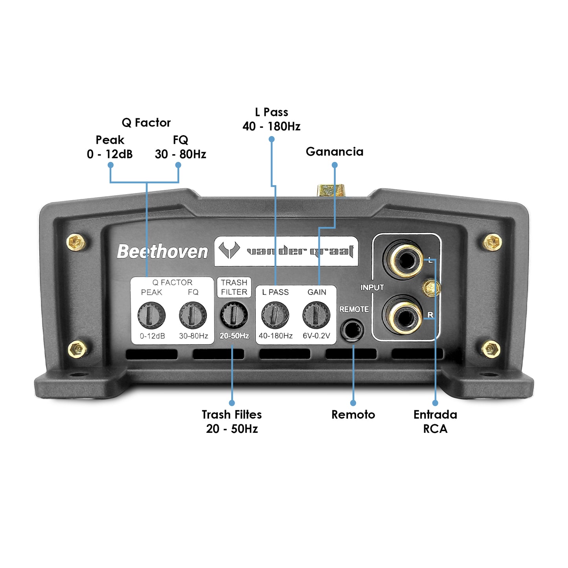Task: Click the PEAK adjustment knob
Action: coord(151,315)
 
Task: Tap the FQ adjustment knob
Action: coord(193,315)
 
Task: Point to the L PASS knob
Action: coord(275,315)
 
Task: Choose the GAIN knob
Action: coord(316,315)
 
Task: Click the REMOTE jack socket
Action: coord(352,330)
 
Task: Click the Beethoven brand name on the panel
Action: coord(162,252)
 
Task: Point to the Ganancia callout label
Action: coord(335,152)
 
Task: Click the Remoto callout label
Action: coord(353,415)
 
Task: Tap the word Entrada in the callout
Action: coord(435,415)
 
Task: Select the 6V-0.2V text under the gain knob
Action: coord(316,336)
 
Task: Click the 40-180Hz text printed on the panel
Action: coord(276,336)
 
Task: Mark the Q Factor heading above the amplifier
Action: coord(146,123)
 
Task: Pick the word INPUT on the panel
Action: coord(372,288)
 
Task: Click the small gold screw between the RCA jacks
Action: coord(431,289)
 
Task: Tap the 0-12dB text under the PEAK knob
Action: coord(153,336)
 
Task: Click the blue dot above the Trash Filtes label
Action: coord(232,403)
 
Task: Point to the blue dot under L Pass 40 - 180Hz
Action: coord(271,139)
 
